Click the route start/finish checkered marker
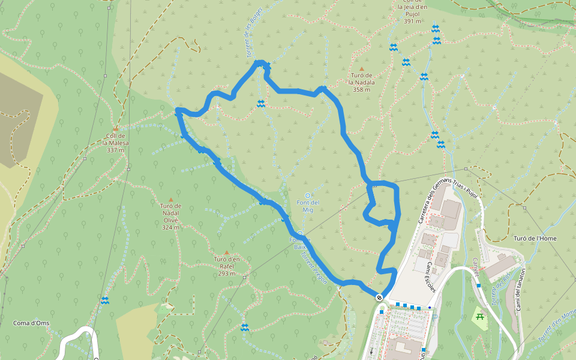click(x=379, y=298)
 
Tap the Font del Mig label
click(x=308, y=206)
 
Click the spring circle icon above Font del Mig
click(x=308, y=195)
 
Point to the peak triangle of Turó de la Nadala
click(x=362, y=69)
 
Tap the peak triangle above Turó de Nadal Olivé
click(x=170, y=200)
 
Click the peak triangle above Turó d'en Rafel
click(x=226, y=253)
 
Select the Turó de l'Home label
click(x=535, y=238)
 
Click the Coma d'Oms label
click(x=31, y=323)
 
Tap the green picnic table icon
click(x=479, y=316)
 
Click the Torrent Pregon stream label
click(x=313, y=267)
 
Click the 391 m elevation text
click(x=412, y=22)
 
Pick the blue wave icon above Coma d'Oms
click(x=105, y=301)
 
